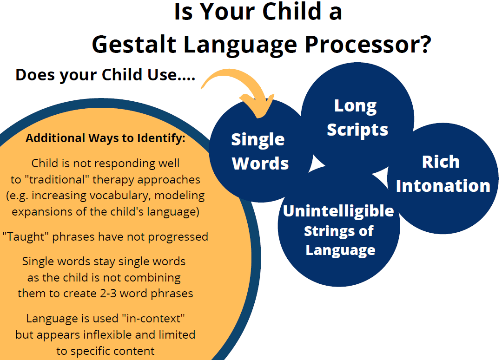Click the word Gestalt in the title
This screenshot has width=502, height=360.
point(134,44)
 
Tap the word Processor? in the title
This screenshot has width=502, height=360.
point(368,44)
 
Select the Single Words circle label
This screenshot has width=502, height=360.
point(260,151)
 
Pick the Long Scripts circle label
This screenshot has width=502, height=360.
point(357,118)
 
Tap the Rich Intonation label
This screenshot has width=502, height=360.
point(443,174)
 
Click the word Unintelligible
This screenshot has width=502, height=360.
point(338,211)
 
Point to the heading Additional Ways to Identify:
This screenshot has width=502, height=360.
point(106,138)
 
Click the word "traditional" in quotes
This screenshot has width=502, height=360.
point(55,179)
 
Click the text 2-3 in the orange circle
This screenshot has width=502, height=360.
point(108,294)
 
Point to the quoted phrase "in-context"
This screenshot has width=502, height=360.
point(153,318)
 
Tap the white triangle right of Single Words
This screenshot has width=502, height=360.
point(317,164)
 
